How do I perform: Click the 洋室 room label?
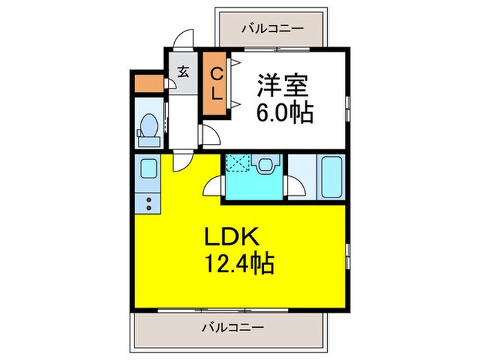pyautogui.click(x=283, y=86)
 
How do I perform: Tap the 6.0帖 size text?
pyautogui.click(x=285, y=113)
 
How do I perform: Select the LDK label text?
pyautogui.click(x=232, y=237)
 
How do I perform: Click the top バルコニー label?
pyautogui.click(x=273, y=29)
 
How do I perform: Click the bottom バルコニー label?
pyautogui.click(x=233, y=328)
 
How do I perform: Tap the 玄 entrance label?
pyautogui.click(x=183, y=72)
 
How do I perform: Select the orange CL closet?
pyautogui.click(x=215, y=84)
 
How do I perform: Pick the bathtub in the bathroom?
pyautogui.click(x=331, y=177)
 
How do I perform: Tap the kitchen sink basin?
pyautogui.click(x=149, y=169)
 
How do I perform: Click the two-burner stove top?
pyautogui.click(x=149, y=204)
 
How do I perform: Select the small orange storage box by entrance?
pyautogui.click(x=149, y=83)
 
